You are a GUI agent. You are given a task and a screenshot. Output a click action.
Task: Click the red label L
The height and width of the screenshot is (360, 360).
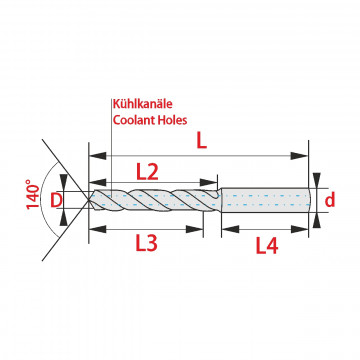pos(201,142)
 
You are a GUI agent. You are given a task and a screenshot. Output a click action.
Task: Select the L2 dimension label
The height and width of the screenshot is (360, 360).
pos(147,172)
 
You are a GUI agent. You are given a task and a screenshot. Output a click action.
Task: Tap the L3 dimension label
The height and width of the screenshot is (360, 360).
pos(146,244)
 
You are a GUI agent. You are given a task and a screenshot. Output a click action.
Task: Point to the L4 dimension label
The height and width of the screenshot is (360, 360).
pos(267,247)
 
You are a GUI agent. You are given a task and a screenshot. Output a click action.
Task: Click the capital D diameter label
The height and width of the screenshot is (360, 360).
pos(56,200)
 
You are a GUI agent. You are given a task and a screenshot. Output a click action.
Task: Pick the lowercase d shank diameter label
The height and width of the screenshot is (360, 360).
pos(330,200)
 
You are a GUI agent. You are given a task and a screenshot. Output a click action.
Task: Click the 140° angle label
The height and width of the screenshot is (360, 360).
pos(33,194)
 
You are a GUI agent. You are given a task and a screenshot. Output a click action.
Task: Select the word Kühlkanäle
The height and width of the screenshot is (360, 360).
pos(143,104)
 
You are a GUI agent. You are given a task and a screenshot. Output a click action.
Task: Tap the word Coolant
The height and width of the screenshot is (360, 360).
pos(135,120)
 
